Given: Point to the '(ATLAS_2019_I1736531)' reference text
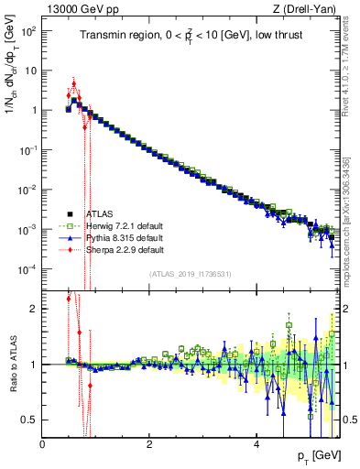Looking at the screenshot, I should (x=190, y=273).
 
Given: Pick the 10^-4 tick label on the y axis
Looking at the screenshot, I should (x=27, y=268).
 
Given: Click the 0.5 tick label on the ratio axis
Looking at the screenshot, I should (x=29, y=420).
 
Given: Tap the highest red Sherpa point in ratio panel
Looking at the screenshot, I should (x=69, y=299).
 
